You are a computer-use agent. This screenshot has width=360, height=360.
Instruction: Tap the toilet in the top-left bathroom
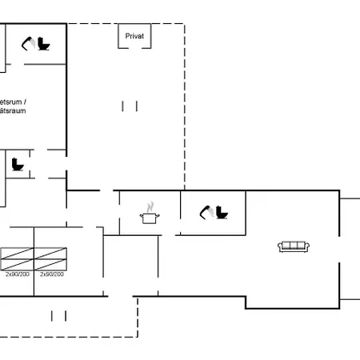click(x=43, y=44)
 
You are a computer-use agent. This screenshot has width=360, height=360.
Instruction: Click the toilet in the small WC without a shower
click(x=18, y=165)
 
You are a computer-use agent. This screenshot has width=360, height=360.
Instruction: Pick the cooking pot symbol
click(x=149, y=217)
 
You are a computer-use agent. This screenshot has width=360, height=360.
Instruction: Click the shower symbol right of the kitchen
click(x=206, y=210)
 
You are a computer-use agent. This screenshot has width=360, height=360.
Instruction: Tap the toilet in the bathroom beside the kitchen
click(x=221, y=213)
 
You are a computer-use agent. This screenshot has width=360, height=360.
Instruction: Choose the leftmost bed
click(x=16, y=258)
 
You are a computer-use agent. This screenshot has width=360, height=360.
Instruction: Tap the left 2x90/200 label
click(x=17, y=274)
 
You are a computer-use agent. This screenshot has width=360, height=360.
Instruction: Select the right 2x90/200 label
click(x=52, y=274)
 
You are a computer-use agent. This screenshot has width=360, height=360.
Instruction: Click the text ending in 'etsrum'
click(x=10, y=102)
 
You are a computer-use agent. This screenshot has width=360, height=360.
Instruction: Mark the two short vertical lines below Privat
click(x=130, y=106)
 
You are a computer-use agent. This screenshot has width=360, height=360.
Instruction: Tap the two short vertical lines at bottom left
click(x=58, y=315)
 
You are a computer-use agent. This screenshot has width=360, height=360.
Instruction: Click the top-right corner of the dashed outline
click(x=185, y=24)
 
